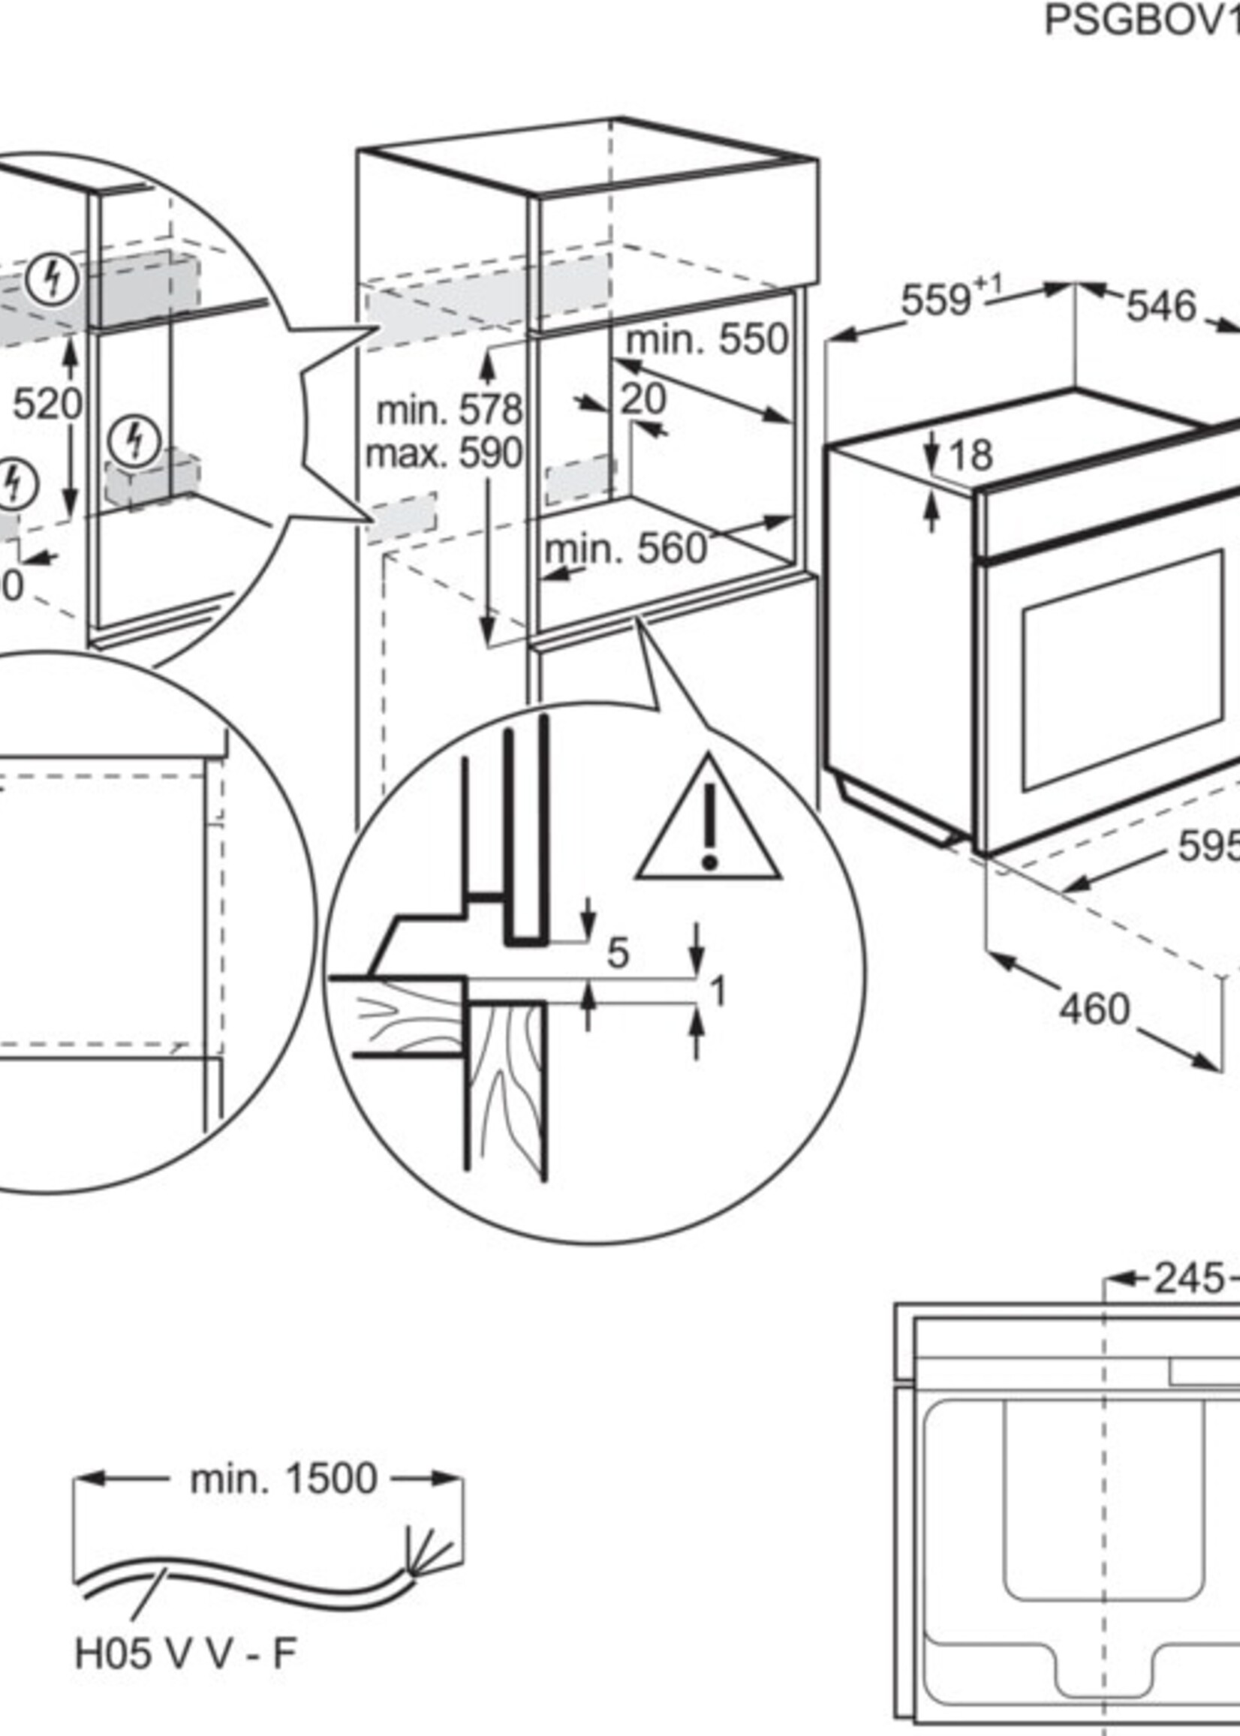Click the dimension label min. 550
pyautogui.click(x=706, y=339)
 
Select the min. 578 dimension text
pyautogui.click(x=449, y=411)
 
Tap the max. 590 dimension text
pyautogui.click(x=444, y=453)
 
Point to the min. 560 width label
pyautogui.click(x=625, y=548)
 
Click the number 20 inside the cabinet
pyautogui.click(x=643, y=399)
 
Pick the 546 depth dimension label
pyautogui.click(x=1160, y=306)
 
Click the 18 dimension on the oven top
pyautogui.click(x=971, y=456)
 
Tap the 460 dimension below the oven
pyautogui.click(x=1094, y=1009)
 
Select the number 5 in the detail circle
pyautogui.click(x=617, y=952)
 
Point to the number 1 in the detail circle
pyautogui.click(x=718, y=991)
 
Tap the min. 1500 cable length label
pyautogui.click(x=283, y=1479)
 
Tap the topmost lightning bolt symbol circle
pyautogui.click(x=52, y=278)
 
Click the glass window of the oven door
pyautogui.click(x=1122, y=670)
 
